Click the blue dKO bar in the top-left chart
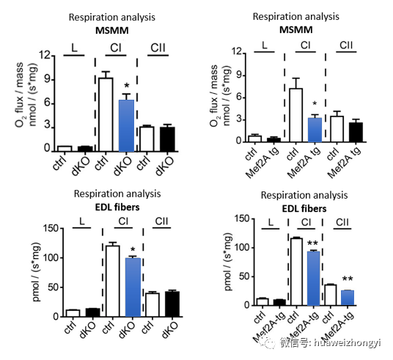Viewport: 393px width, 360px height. click(x=126, y=125)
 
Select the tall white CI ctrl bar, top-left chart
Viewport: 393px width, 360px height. click(x=106, y=114)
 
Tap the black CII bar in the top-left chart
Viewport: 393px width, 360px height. click(x=167, y=139)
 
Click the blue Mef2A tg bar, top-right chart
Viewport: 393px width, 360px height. click(x=315, y=130)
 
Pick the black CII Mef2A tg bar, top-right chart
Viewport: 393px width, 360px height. click(x=356, y=133)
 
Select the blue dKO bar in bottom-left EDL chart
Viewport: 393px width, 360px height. click(x=133, y=287)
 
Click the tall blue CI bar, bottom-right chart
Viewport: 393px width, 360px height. click(x=314, y=279)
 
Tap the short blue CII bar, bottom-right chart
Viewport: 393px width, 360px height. click(x=348, y=298)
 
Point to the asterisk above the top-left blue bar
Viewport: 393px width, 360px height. click(x=127, y=86)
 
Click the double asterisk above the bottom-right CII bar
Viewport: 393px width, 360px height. click(x=348, y=279)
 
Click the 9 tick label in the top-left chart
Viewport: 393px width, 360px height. click(x=47, y=80)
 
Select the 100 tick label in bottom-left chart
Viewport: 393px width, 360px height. click(x=51, y=257)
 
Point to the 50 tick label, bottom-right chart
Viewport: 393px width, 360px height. click(x=244, y=276)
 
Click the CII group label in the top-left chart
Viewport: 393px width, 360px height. click(x=158, y=48)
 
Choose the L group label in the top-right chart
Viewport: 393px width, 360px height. click(x=265, y=45)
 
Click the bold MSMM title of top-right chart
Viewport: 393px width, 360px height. click(x=296, y=30)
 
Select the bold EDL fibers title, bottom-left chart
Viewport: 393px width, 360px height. click(x=117, y=207)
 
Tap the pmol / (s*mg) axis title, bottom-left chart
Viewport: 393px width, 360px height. click(x=37, y=272)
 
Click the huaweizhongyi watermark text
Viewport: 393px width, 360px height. click(x=347, y=343)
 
